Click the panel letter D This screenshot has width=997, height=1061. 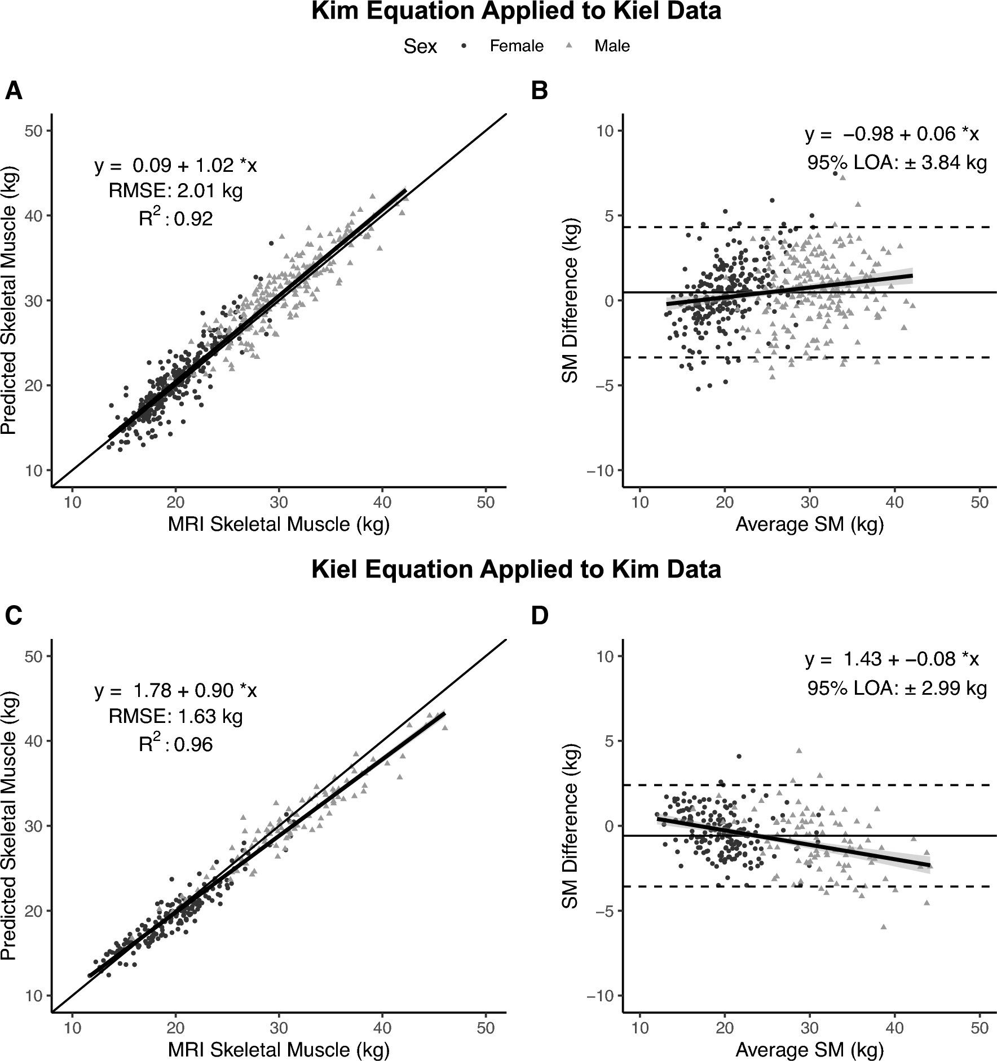click(540, 616)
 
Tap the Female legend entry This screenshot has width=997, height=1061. click(516, 46)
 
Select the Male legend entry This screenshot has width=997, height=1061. click(612, 46)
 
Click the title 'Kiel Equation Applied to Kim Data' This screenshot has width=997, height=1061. click(516, 570)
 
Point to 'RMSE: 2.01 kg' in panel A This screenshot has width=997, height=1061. click(175, 192)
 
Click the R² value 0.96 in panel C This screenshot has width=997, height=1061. click(193, 745)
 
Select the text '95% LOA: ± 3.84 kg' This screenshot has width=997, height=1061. click(897, 163)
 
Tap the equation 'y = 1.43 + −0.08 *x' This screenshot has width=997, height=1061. click(892, 659)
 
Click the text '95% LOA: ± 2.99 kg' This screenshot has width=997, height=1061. click(897, 689)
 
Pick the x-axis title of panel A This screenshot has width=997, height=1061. click(279, 525)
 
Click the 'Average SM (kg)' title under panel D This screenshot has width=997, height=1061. click(809, 1050)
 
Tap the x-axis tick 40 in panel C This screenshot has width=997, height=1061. click(382, 1028)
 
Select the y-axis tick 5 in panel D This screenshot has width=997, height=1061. click(610, 741)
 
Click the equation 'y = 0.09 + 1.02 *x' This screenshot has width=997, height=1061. click(175, 166)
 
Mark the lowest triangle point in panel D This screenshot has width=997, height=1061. click(884, 926)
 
